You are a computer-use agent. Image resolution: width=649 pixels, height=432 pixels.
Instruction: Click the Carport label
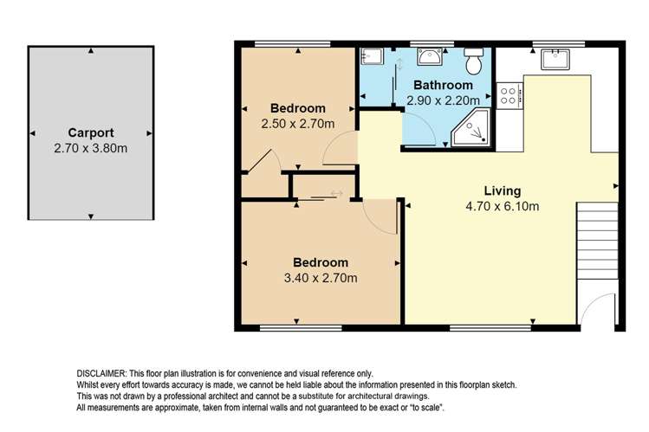91,133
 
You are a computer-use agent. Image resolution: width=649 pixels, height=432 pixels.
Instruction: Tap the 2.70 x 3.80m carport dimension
91,148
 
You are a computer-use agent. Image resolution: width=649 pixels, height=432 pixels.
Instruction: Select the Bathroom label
443,85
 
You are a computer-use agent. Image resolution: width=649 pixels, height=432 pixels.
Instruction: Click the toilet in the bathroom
474,61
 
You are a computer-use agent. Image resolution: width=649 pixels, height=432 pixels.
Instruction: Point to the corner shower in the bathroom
471,127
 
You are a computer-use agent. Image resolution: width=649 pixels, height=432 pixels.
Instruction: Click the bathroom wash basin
430,56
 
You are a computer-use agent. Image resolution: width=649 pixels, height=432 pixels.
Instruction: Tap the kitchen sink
555,59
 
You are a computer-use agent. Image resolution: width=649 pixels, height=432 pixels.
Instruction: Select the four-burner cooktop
509,95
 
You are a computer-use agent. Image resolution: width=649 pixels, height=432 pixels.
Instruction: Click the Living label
503,191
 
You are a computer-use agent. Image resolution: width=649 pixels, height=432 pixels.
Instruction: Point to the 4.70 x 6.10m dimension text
503,206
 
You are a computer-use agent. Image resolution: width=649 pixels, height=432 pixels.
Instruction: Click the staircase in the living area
597,240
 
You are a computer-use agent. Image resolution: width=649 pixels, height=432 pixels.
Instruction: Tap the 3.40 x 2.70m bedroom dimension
321,278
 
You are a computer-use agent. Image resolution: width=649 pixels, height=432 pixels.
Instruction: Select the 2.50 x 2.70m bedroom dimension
298,124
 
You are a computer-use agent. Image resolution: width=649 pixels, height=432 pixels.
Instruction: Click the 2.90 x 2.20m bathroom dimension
444,100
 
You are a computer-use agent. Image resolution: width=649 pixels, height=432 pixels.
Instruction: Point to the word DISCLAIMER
101,374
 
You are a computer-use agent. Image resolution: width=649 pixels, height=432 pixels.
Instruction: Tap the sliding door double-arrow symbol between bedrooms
336,193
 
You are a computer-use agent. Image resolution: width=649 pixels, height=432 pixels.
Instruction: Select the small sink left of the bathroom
372,56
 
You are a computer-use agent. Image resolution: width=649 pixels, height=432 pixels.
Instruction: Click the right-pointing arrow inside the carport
149,133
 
